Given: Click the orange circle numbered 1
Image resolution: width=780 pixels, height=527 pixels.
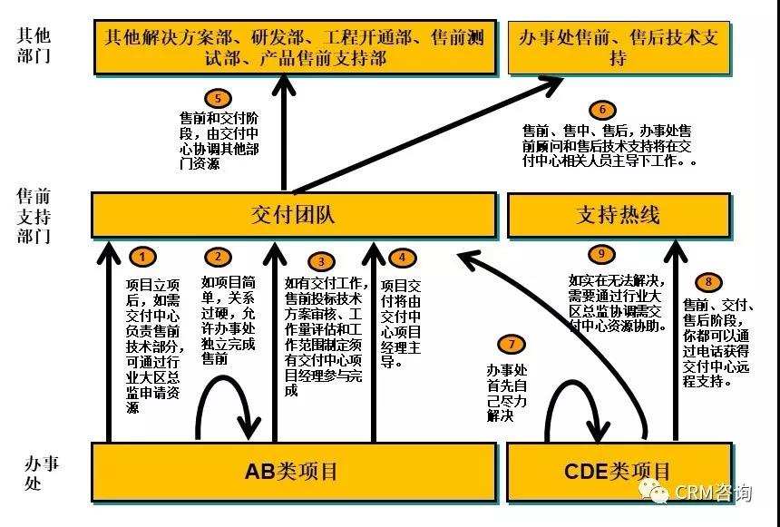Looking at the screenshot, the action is [142, 257].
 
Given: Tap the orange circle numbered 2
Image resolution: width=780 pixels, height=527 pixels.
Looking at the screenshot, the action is [218, 257].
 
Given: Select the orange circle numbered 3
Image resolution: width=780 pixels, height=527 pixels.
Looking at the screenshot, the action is [321, 262].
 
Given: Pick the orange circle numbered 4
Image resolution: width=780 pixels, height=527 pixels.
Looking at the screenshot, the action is [402, 258].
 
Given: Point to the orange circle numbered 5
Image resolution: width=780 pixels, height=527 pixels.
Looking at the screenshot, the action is [218, 98].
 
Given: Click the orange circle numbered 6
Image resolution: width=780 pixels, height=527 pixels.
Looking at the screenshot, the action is [602, 110].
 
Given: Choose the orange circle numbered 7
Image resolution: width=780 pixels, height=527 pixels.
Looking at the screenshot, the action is [512, 344].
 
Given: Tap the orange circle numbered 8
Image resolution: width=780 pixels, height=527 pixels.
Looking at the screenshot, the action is [708, 282].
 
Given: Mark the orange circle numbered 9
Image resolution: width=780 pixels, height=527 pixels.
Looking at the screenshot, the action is [601, 254].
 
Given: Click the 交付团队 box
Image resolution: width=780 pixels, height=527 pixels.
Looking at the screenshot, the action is [294, 215].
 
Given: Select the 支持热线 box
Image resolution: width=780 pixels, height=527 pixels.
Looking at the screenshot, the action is [619, 215].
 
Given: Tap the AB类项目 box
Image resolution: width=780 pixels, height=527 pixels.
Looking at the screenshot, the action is [294, 472].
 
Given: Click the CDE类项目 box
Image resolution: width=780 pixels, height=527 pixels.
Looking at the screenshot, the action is [619, 472].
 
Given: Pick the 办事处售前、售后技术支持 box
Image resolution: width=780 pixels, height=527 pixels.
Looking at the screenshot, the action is [619, 47].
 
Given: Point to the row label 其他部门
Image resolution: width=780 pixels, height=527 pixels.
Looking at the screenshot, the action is [34, 45].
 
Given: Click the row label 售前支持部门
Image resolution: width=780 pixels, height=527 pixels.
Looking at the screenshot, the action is [34, 216].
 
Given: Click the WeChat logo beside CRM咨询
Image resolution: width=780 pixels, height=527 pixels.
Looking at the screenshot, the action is [654, 491].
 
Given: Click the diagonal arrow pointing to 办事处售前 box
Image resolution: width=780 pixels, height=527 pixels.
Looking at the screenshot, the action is [429, 135].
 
